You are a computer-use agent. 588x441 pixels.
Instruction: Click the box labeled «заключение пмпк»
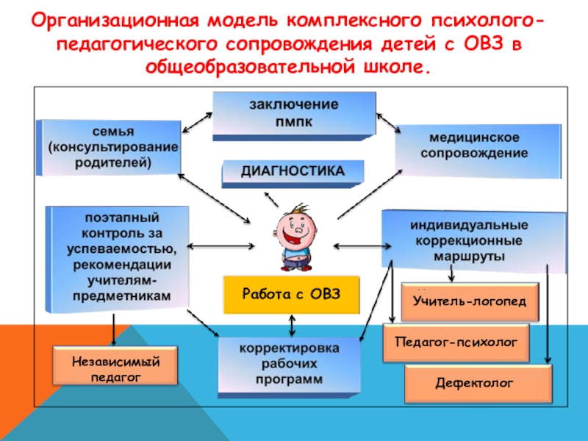[x=294, y=113]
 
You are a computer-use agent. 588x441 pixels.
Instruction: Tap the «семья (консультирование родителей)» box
[x=110, y=148]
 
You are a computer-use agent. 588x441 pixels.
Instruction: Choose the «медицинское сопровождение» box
[x=473, y=146]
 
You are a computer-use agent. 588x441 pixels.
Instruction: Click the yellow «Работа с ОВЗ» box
[x=293, y=294]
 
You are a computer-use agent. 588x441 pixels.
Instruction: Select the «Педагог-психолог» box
[x=457, y=343]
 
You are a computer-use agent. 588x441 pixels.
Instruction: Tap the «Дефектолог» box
[x=478, y=384]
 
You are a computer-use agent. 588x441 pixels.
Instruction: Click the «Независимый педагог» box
[x=115, y=367]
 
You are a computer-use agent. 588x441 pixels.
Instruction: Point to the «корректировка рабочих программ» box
[x=290, y=363]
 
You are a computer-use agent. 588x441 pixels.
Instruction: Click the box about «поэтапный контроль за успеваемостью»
[x=118, y=257]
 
